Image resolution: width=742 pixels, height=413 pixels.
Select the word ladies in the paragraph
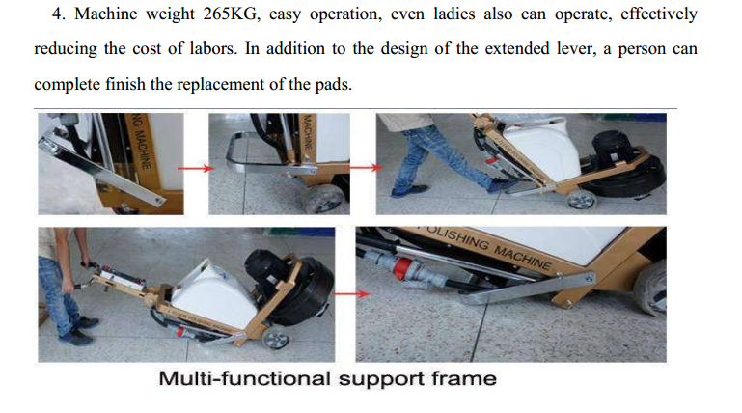[453, 14]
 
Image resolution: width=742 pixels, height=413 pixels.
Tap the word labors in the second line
[213, 48]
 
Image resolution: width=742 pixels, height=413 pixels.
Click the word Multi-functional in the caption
[244, 378]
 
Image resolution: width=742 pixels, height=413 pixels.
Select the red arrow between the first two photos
[195, 168]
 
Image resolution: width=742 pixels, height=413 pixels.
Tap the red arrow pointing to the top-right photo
[364, 167]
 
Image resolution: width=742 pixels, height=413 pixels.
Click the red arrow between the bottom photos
[351, 293]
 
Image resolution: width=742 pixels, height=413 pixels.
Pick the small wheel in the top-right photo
[581, 200]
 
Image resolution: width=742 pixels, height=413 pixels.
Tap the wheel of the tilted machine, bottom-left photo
[275, 340]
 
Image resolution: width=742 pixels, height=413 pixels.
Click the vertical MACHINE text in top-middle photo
[308, 131]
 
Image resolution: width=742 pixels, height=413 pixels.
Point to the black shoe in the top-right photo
[410, 190]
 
